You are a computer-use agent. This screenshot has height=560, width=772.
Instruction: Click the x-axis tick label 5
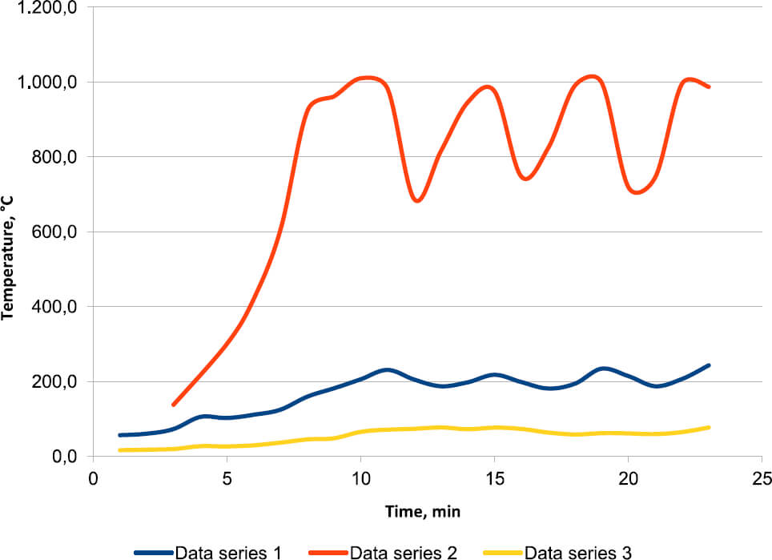(x=227, y=478)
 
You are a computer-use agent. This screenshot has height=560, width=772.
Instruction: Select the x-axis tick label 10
(x=360, y=478)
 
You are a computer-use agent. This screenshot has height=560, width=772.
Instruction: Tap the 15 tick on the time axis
(x=494, y=478)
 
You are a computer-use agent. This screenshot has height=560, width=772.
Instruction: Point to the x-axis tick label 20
(x=628, y=478)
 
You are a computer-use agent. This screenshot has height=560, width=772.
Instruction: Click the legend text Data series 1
(x=228, y=552)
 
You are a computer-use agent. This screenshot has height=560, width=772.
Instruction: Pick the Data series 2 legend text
(x=404, y=552)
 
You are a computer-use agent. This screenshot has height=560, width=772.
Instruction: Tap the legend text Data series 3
(x=578, y=552)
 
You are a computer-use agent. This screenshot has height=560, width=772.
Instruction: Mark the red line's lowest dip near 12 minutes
(x=417, y=200)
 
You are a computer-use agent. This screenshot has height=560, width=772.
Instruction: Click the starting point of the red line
(x=174, y=405)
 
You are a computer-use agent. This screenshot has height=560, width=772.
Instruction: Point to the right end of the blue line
(x=709, y=365)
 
